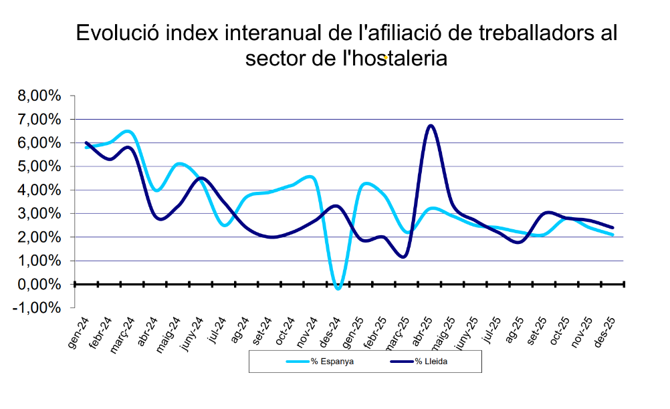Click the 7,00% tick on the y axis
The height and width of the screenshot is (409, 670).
(39, 120)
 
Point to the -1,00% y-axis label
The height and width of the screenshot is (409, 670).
(37, 307)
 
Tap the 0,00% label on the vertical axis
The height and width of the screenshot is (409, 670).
(39, 284)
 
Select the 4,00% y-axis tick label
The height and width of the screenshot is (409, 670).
(39, 190)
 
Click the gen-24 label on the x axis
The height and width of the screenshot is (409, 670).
(79, 333)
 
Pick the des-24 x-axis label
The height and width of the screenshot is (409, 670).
(330, 333)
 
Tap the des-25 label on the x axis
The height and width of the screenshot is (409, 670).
(605, 333)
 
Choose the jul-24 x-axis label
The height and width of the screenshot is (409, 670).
(217, 330)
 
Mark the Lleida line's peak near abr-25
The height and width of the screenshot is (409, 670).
(431, 126)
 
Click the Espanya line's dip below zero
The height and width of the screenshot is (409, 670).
(338, 289)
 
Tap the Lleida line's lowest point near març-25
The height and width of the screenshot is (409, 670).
(403, 257)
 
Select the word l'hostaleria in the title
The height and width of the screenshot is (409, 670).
(395, 58)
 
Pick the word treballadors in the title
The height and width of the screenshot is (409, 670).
(534, 33)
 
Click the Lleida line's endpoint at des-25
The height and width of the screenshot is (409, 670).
(612, 227)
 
